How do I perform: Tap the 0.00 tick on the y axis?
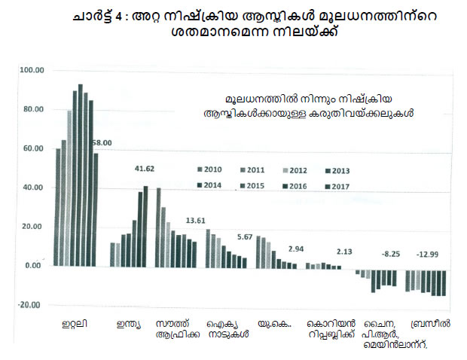tap(32, 266)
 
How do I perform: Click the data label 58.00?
tap(101, 142)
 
